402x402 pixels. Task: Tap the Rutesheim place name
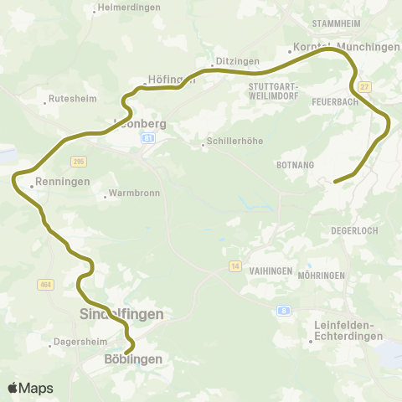pyautogui.click(x=68, y=97)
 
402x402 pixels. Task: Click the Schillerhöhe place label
pyautogui.click(x=233, y=142)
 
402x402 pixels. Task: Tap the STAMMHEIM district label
pyautogui.click(x=336, y=23)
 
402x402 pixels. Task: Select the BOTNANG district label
pyautogui.click(x=294, y=165)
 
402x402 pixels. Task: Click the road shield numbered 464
pyautogui.click(x=45, y=285)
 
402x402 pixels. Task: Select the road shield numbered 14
pyautogui.click(x=235, y=265)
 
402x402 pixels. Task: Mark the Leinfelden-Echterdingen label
pyautogui.click(x=347, y=330)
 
